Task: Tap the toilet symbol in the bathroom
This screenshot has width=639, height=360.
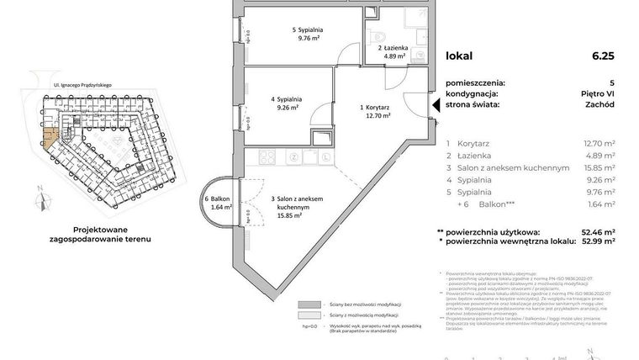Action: tap(378, 35)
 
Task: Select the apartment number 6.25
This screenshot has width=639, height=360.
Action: tap(603, 56)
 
